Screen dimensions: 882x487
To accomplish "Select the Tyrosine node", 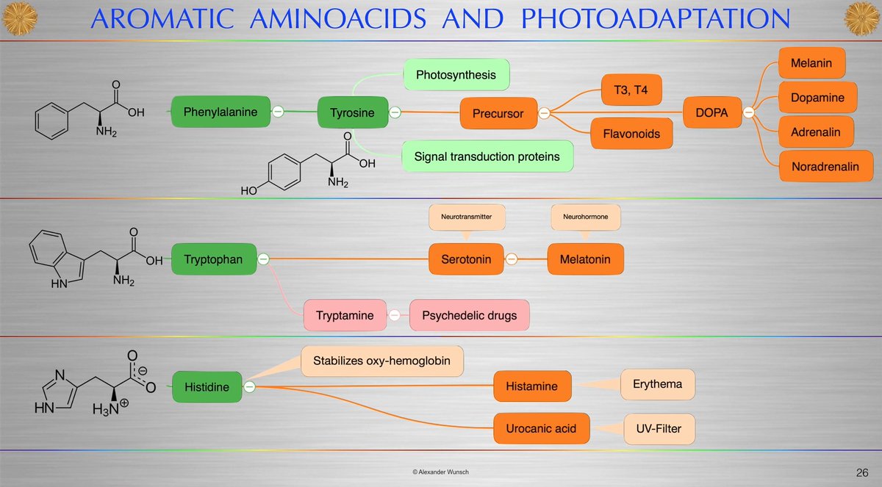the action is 352,112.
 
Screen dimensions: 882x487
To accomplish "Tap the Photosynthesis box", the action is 456,75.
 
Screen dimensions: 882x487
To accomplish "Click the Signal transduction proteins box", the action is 487,156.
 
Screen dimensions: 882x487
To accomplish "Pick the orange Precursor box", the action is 498,113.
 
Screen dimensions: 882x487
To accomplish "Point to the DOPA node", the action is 711,112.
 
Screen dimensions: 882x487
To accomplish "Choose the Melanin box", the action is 811,63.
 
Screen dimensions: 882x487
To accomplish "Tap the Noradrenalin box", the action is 825,167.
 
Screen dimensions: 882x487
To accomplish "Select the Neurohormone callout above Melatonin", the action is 586,218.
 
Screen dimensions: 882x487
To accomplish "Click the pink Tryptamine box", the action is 344,316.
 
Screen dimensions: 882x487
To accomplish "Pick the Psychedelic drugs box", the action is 469,316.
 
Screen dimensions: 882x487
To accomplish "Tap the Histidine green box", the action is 207,386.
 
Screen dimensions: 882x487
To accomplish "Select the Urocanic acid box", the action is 542,427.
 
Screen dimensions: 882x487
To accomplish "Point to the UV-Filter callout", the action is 659,427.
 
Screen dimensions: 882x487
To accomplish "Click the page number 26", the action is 862,471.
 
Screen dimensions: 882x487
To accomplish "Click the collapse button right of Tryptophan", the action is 263,259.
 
